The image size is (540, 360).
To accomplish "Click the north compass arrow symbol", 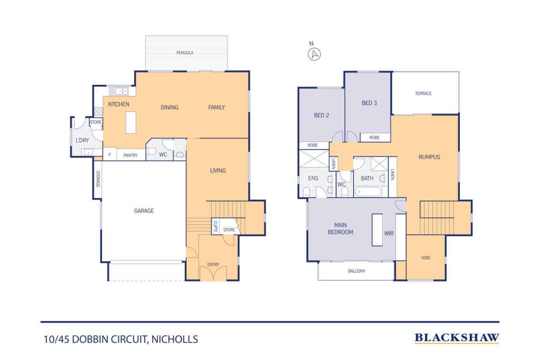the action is point(314,54).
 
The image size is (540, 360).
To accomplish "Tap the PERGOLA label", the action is point(185,53).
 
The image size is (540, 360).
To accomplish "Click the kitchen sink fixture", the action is point(119,92).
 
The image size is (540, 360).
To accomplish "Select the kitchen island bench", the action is point(131,122).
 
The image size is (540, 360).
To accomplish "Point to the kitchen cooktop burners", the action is point(98,111).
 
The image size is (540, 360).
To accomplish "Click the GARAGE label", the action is point(144,211).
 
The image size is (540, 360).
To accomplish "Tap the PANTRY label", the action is point(130,155).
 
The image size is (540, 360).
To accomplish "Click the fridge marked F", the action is point(110,154).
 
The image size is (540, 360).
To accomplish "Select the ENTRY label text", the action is point(213,265).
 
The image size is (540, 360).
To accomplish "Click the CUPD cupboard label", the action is point(215,226).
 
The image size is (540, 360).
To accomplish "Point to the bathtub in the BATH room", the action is point(367,192).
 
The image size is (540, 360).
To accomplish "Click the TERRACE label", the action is point(423,93).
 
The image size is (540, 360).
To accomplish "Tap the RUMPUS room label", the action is point(429,157).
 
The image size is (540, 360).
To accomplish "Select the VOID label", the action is point(426,258).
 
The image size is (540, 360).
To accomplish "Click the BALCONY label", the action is point(356,271).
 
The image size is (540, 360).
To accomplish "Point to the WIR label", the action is point(389,233).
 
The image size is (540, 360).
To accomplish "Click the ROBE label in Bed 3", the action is point(374,138).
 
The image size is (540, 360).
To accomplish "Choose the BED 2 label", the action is point(321,115).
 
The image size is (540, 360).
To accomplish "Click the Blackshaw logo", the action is point(457,338).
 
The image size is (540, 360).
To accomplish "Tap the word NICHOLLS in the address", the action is point(175,339).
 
